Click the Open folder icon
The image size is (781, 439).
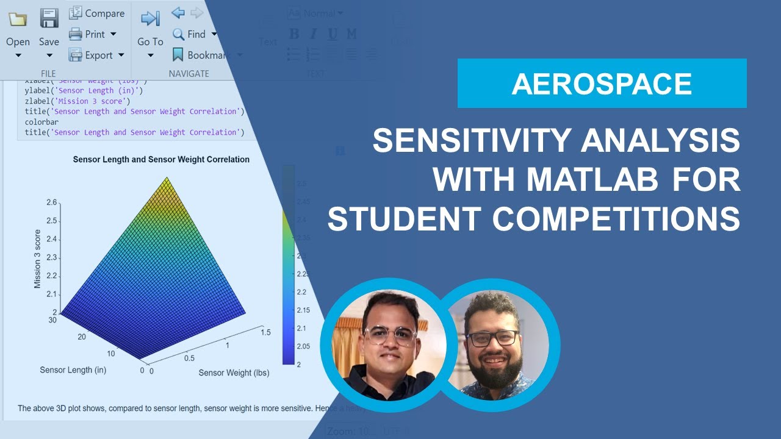[x=18, y=20]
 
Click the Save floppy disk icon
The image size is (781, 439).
[x=49, y=19]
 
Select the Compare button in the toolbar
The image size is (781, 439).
[x=96, y=13]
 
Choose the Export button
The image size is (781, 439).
[x=96, y=55]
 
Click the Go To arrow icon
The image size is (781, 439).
[x=150, y=19]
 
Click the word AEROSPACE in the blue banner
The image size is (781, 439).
[x=602, y=84]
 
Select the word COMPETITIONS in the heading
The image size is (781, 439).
[x=616, y=219]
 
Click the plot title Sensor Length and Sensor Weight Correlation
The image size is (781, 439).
[x=161, y=160]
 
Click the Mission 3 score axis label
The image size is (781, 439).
[x=37, y=259]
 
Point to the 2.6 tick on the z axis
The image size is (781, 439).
[x=51, y=202]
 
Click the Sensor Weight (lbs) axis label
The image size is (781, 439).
[x=234, y=373]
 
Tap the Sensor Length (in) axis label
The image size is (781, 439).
[x=73, y=369]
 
